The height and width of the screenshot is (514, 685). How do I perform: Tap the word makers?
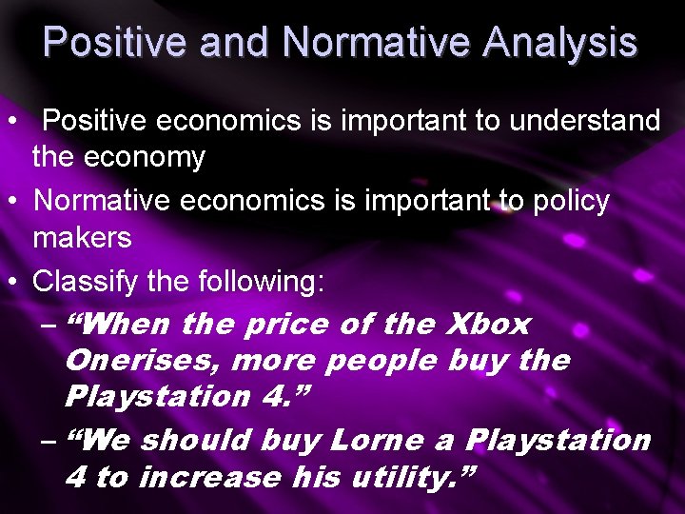coord(82,237)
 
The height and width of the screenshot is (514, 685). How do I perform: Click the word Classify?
coord(82,281)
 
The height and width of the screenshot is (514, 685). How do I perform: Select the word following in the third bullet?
coord(261,281)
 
